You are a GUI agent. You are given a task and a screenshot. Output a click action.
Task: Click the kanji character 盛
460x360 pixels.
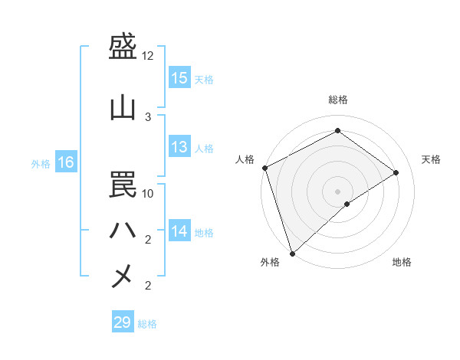coord(123,48)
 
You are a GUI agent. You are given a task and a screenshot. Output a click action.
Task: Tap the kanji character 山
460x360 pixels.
coord(123,108)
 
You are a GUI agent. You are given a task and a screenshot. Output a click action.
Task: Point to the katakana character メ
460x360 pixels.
coord(123,276)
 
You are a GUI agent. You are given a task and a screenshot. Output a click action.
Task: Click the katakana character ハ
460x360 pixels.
coord(123,230)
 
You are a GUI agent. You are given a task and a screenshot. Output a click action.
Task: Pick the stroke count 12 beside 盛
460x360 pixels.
coord(148,56)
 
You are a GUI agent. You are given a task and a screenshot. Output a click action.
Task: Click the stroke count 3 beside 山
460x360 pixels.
coord(148,116)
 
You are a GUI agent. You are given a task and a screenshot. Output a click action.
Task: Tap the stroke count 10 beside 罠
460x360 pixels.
coord(148,193)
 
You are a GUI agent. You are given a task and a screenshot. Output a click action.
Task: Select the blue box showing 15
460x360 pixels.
coord(179,78)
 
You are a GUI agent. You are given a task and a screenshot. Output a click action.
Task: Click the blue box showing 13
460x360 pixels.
coord(179,147)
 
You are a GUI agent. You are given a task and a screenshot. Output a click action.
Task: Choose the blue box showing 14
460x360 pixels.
coord(179,231)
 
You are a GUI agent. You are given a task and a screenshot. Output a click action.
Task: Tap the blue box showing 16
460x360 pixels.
coord(66,162)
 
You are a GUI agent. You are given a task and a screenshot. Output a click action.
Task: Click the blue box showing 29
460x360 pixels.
coord(123,322)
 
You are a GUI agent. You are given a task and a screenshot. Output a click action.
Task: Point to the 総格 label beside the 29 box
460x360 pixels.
coord(148,324)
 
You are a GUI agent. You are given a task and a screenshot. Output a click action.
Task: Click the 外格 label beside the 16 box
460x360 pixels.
coord(41,163)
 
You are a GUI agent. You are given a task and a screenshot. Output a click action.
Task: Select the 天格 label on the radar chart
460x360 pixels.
coord(432,159)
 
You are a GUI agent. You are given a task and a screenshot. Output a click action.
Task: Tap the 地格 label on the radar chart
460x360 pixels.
coord(402,262)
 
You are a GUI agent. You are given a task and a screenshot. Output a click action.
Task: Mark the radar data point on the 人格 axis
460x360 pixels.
coord(264,168)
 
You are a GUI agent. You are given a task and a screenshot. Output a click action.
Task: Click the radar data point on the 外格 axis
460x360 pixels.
coord(292,253)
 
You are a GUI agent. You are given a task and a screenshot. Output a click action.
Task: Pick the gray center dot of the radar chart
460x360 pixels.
coord(337,191)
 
